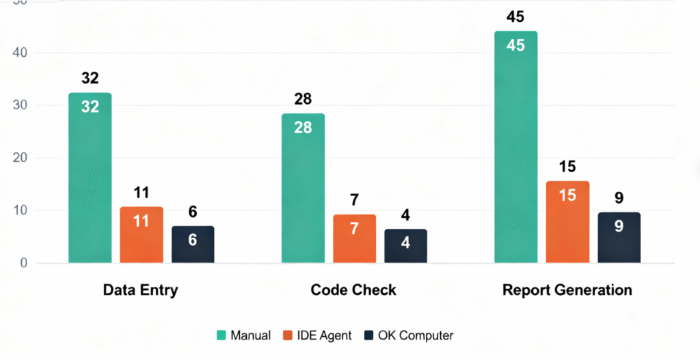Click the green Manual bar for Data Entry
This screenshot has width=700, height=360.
90,178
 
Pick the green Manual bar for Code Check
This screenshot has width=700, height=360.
303,188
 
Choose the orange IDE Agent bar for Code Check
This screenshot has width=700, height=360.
354,238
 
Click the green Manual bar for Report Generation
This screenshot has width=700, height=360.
515,147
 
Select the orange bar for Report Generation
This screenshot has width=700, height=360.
567,222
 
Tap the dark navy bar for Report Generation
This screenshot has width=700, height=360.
619,237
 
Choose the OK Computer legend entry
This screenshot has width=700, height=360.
408,335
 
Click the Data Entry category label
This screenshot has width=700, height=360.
140,290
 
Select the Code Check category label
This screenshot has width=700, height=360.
353,290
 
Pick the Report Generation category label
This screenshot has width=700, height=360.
567,290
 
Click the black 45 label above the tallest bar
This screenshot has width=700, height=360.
515,16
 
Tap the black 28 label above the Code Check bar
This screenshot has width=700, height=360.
303,99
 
